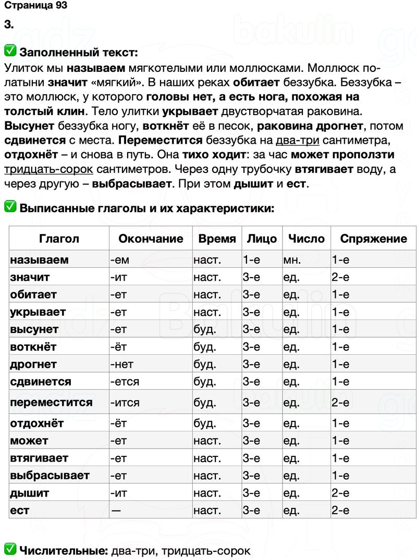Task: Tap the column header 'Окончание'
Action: coord(151,239)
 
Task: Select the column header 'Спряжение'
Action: coord(373,239)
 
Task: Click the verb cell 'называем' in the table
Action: coord(40,259)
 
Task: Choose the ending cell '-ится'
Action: coord(125,403)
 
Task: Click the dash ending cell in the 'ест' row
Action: coord(116,511)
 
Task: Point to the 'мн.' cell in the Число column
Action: coord(292,259)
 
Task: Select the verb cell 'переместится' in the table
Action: coord(51,403)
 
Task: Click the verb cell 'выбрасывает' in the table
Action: coord(50,475)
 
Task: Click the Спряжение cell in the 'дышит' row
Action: coord(340,493)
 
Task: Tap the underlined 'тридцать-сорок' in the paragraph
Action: coord(48,169)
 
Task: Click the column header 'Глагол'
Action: coord(59,239)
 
